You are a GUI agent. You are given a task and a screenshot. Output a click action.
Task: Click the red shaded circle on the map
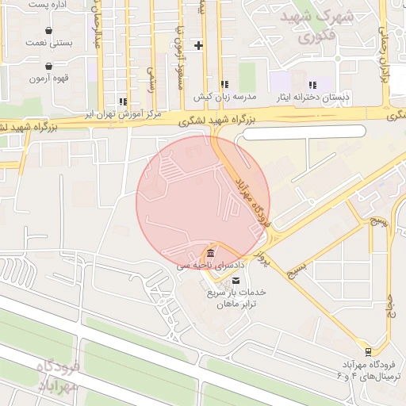[203, 202]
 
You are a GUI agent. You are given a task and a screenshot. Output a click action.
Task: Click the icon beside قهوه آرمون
[50, 67]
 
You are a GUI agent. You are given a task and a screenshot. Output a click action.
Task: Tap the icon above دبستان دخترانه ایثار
[312, 84]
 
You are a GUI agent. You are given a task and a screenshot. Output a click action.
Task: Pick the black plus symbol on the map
[198, 44]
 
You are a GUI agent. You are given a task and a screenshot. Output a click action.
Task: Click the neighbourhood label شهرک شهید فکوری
[320, 25]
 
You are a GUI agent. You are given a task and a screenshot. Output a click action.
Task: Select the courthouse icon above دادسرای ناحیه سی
[210, 254]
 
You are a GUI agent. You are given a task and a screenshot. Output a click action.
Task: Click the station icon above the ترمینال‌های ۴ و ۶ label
[367, 351]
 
